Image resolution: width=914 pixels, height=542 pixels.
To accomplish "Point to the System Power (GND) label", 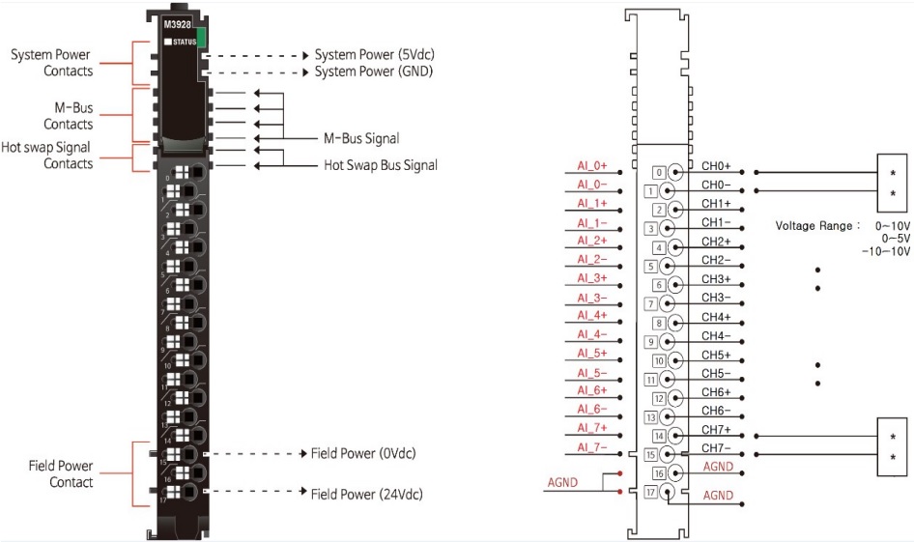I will click(x=373, y=71).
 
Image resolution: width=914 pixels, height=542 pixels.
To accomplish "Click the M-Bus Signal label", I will click(x=360, y=139).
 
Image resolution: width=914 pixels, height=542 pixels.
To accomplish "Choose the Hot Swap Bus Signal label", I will click(x=380, y=165).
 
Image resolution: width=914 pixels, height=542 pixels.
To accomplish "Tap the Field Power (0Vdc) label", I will click(x=362, y=453).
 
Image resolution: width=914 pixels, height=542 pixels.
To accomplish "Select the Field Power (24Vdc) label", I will click(x=366, y=494).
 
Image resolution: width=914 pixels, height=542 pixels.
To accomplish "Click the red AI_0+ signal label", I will click(x=592, y=166).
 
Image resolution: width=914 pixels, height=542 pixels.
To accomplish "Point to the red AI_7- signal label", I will click(x=592, y=446).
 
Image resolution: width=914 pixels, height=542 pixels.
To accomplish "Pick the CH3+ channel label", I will click(x=716, y=279).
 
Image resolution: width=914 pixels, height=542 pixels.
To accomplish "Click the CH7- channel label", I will click(x=716, y=449).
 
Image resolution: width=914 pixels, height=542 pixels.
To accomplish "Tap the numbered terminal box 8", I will click(x=659, y=323).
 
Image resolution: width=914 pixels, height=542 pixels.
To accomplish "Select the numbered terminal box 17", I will click(x=650, y=493).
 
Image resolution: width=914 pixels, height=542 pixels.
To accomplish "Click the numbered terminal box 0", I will click(x=659, y=173).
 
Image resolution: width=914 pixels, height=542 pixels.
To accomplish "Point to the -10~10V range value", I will click(x=886, y=252).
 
